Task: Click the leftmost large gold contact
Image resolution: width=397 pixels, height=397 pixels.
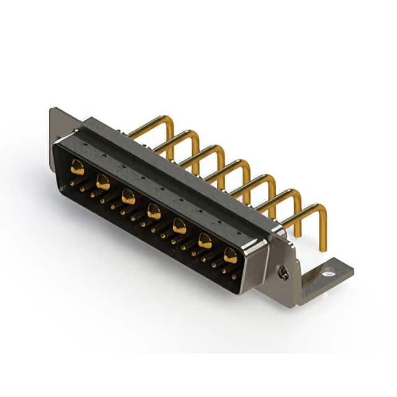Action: coord(77,166)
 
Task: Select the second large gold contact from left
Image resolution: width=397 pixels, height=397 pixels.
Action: coord(103,182)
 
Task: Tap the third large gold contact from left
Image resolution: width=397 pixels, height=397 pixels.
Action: coord(128,197)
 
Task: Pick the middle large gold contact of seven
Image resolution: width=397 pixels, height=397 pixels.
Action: coord(154,212)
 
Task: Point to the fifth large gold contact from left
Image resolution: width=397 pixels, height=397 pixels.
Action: coord(179,226)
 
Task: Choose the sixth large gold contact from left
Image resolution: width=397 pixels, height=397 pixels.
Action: coord(205,241)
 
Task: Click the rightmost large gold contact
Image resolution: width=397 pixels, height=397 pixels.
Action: coord(230,255)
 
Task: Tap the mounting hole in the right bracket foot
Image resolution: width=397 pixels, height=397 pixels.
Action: coord(328,271)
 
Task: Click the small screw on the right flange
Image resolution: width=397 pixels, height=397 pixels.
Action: coord(283,272)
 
